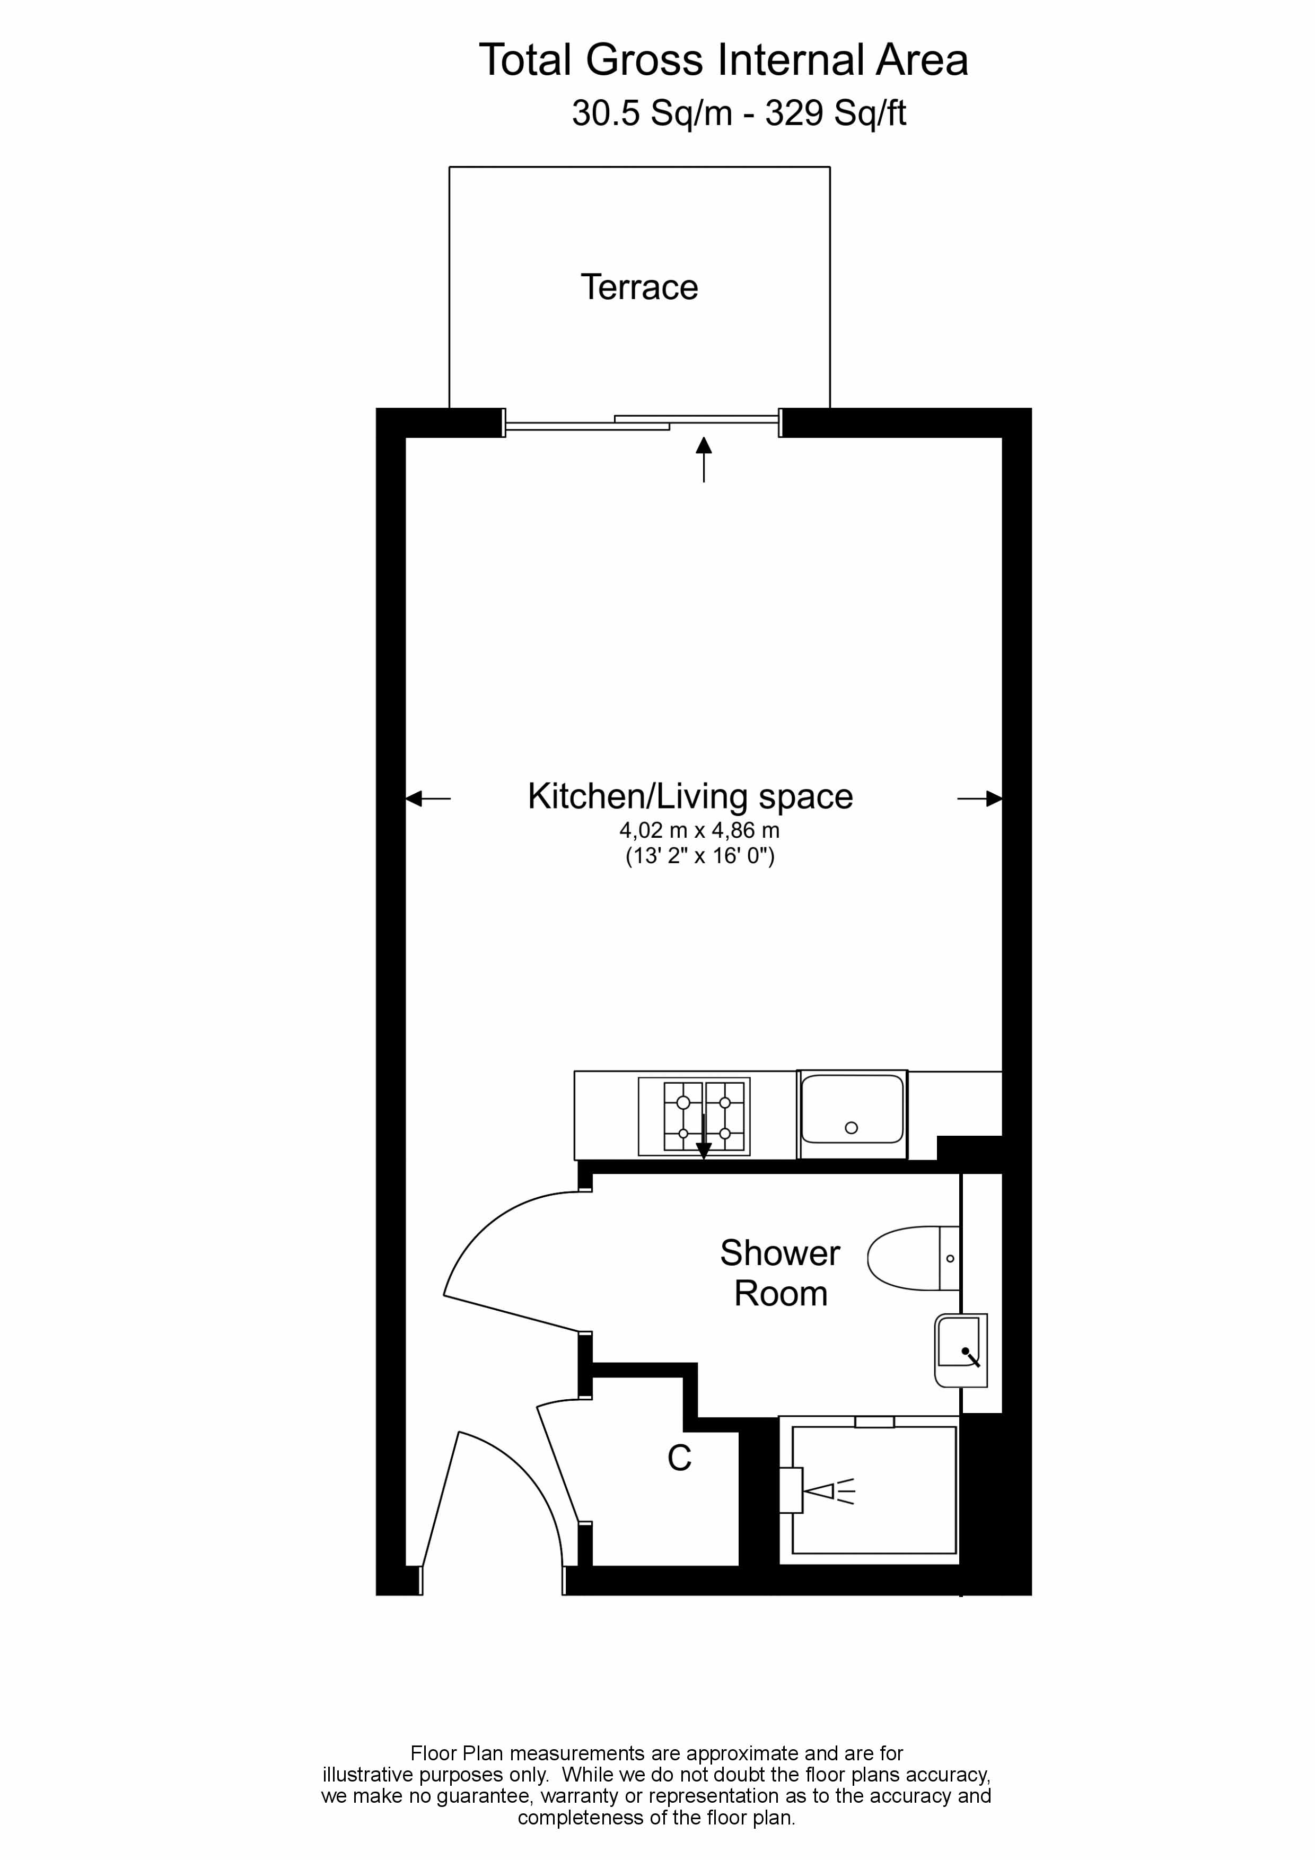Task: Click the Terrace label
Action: [639, 287]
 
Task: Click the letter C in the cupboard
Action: [679, 1458]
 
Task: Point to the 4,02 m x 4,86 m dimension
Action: [699, 830]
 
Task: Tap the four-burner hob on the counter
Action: [695, 1116]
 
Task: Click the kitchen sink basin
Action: [852, 1108]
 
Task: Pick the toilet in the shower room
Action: [911, 1258]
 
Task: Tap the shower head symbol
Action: [827, 1490]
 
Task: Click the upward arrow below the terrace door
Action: [703, 458]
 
